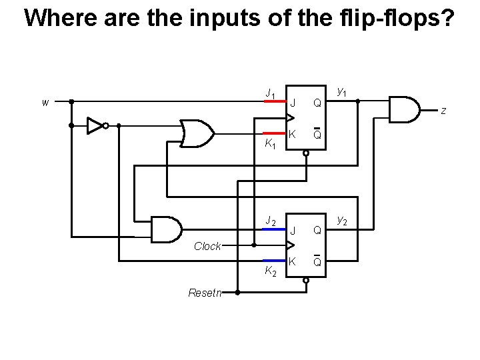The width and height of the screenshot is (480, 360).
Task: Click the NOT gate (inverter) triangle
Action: point(95,125)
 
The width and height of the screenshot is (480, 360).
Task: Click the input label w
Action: point(45,103)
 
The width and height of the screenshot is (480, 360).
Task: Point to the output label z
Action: point(443,111)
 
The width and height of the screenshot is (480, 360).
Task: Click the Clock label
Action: point(207,246)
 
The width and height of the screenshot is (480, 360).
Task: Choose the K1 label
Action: point(269,144)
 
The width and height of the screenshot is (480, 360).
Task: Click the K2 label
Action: point(269,271)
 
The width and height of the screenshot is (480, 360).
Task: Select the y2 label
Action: point(342,219)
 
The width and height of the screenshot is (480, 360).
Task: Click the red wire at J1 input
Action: point(273,102)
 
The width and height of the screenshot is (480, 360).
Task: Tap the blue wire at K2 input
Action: point(273,261)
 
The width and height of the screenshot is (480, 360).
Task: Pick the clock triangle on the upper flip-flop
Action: point(290,118)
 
